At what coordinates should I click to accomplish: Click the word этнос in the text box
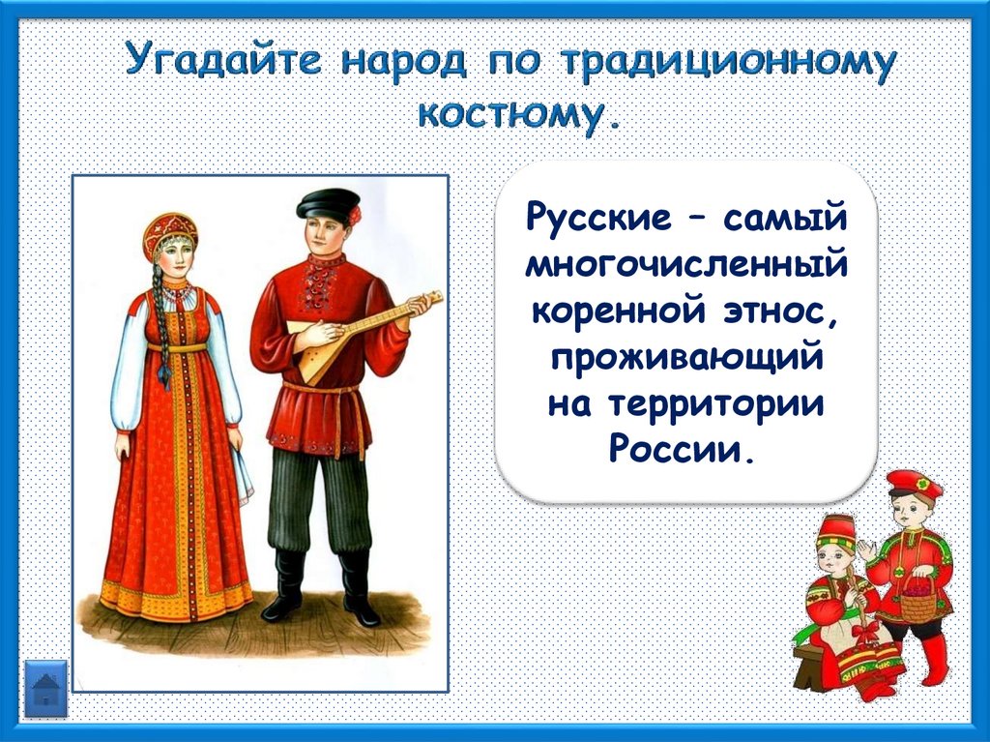point(781,311)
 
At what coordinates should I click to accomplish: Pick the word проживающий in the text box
point(687,358)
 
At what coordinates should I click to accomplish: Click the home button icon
point(45,688)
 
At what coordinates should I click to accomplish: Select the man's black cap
point(327,203)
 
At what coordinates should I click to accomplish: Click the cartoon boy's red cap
point(914,484)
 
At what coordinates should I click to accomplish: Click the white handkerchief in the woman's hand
point(243,474)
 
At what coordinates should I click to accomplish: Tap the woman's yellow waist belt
point(178,347)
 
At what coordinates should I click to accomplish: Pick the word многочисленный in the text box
point(686,265)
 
